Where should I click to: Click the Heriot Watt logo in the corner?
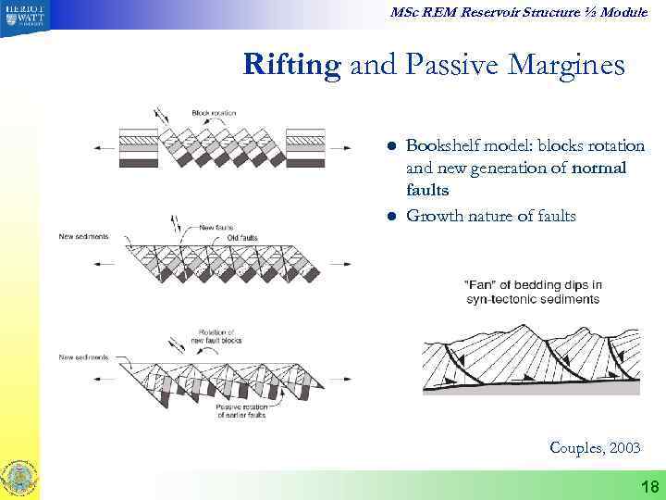pyautogui.click(x=22, y=17)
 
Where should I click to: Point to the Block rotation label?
pyautogui.click(x=214, y=113)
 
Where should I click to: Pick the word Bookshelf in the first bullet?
pyautogui.click(x=440, y=146)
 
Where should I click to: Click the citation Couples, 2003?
pyautogui.click(x=594, y=447)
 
